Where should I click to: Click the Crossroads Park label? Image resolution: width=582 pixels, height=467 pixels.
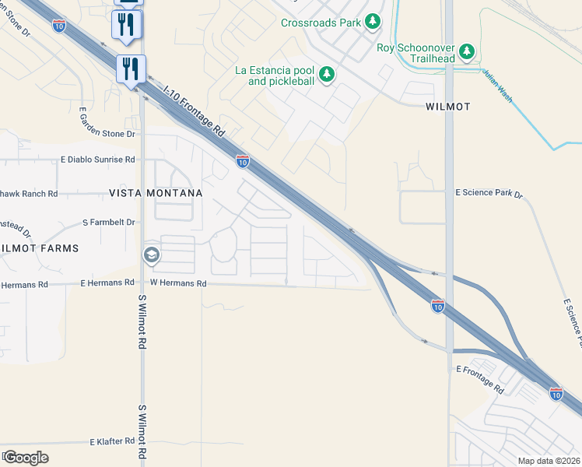pyautogui.click(x=321, y=23)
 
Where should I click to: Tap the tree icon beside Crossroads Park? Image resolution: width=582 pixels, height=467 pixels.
pyautogui.click(x=373, y=21)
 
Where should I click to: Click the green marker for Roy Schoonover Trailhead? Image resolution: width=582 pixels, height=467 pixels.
pyautogui.click(x=467, y=51)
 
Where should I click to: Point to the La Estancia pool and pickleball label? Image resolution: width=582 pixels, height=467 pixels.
pyautogui.click(x=275, y=75)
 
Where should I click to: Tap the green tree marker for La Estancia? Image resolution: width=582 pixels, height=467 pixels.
pyautogui.click(x=328, y=75)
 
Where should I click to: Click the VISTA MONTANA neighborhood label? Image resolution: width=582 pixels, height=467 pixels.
pyautogui.click(x=156, y=192)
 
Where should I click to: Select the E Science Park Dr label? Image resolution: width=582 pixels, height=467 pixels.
pyautogui.click(x=489, y=191)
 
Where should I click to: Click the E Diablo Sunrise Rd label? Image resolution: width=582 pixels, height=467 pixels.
pyautogui.click(x=98, y=160)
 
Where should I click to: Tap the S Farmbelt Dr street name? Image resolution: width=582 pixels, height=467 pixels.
pyautogui.click(x=109, y=223)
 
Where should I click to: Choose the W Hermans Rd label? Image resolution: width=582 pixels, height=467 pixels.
pyautogui.click(x=178, y=284)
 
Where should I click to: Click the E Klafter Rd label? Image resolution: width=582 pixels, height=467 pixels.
pyautogui.click(x=112, y=441)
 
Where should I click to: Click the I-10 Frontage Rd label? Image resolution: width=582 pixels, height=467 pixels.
pyautogui.click(x=194, y=108)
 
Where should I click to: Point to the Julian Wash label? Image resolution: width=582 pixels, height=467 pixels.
pyautogui.click(x=496, y=86)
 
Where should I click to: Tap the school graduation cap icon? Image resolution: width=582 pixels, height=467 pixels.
pyautogui.click(x=151, y=255)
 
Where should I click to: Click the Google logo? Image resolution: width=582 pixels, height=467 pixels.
pyautogui.click(x=26, y=457)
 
